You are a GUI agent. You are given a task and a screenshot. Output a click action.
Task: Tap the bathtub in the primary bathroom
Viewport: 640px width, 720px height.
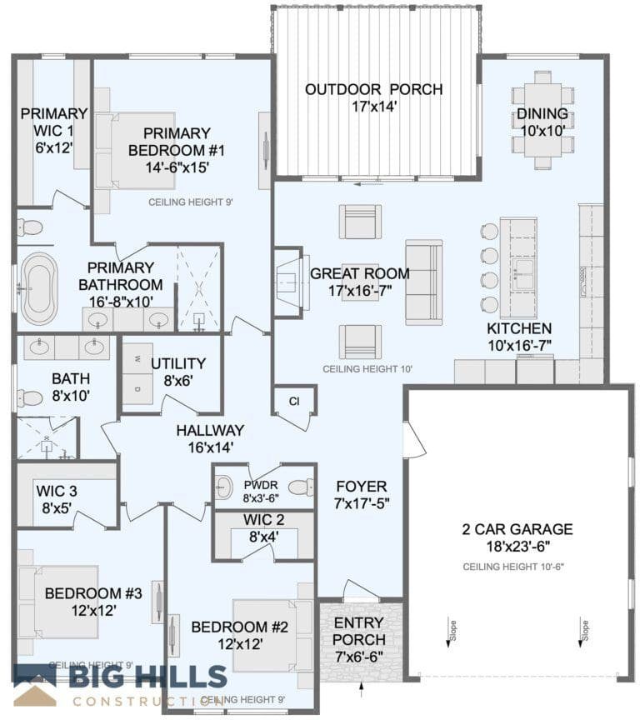(x=39, y=288)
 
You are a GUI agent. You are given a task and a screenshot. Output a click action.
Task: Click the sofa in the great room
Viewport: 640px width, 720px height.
(x=424, y=281)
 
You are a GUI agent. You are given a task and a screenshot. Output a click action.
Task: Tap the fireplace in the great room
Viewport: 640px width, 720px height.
(x=287, y=282)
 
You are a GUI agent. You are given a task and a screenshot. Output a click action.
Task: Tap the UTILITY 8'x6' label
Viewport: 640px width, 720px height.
(x=177, y=371)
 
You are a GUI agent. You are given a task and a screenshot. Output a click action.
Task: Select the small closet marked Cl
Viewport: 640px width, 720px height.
(x=294, y=401)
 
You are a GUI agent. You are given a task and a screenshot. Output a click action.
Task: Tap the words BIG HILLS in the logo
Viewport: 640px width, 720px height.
(x=148, y=676)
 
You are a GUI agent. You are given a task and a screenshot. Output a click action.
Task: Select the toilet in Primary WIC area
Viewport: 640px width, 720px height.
(x=31, y=227)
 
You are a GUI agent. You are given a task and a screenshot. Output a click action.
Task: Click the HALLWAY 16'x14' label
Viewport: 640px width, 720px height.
(x=209, y=438)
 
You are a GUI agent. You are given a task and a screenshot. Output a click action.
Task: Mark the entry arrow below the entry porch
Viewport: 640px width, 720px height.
(x=362, y=689)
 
